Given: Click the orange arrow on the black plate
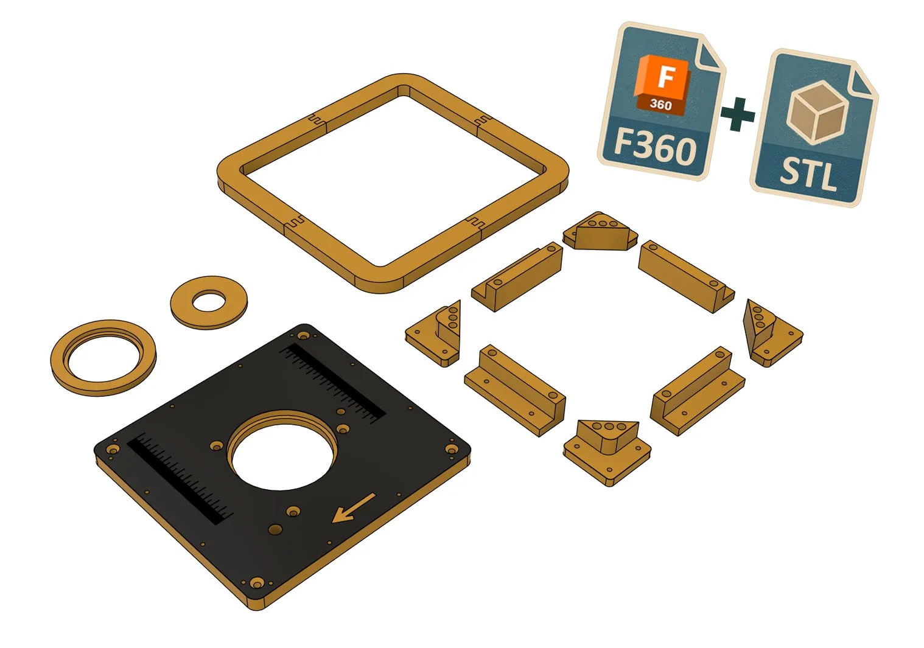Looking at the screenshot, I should point(353,509).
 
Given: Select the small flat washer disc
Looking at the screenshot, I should point(209,302).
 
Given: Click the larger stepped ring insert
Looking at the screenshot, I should point(103,358).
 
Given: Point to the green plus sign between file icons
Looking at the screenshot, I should point(738,114).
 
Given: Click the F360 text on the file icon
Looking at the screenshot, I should point(654,146).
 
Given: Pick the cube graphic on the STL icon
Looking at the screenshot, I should point(816,111).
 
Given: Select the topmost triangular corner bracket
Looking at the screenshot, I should point(600,232).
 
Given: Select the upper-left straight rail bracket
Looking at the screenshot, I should point(518,276).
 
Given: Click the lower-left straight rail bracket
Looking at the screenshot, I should point(514,390).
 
